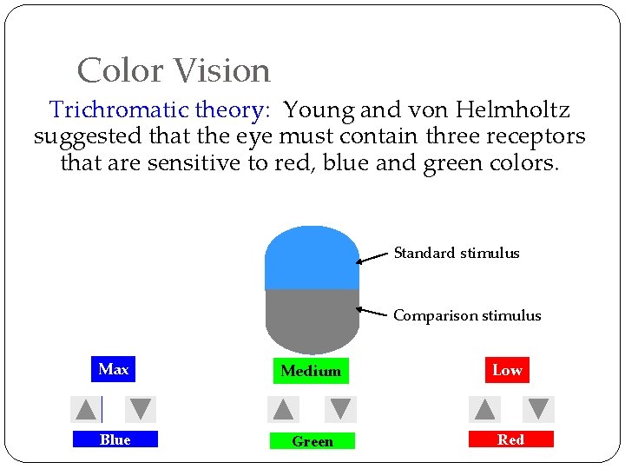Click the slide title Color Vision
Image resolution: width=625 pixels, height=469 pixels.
(174, 70)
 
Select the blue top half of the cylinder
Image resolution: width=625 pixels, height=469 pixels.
(312, 258)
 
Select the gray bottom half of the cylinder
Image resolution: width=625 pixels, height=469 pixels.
(312, 318)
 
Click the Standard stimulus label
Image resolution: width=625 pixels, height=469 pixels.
(457, 254)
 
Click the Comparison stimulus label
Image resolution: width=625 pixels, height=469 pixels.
(467, 316)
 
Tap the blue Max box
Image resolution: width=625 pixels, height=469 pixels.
(113, 370)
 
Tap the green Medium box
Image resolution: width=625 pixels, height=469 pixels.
(311, 371)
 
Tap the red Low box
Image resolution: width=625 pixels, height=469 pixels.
(507, 370)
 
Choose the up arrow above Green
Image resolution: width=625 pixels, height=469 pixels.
(283, 409)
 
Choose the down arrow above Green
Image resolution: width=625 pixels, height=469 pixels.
(341, 409)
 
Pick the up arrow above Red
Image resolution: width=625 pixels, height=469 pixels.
(485, 409)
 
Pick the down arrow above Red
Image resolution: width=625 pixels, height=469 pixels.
(538, 409)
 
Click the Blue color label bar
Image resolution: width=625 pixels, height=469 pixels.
(115, 439)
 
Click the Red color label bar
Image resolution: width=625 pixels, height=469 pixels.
(510, 439)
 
